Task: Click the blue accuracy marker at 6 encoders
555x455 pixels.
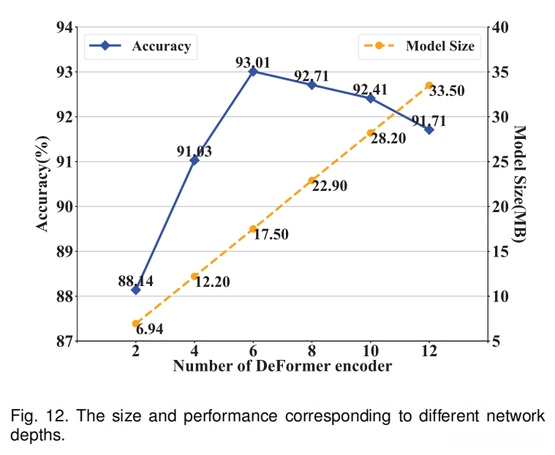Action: click(253, 72)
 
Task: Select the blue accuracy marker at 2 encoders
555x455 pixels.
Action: click(136, 290)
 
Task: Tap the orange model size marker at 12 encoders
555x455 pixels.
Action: click(429, 86)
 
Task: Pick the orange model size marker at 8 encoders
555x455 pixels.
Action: click(312, 180)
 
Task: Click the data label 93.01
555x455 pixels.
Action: click(253, 62)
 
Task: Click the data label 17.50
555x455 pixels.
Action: click(271, 236)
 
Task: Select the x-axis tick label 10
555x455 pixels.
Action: click(370, 350)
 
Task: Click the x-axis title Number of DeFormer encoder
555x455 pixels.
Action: click(282, 366)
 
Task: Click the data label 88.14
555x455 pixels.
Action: click(136, 280)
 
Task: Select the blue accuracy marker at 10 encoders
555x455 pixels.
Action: click(371, 98)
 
